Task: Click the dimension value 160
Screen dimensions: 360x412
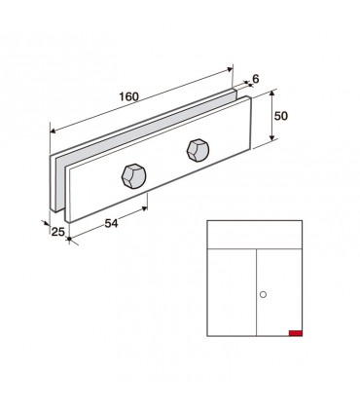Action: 128,96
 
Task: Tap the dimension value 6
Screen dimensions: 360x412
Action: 256,79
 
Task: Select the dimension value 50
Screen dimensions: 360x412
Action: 281,116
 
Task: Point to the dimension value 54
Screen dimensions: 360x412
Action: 111,223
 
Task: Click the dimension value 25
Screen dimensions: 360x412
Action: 58,232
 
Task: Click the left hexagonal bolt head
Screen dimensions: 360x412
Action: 133,175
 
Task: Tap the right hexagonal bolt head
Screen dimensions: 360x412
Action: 198,150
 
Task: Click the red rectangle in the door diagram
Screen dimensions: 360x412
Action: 296,333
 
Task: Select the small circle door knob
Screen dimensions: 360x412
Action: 264,294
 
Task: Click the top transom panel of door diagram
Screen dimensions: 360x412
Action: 255,235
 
